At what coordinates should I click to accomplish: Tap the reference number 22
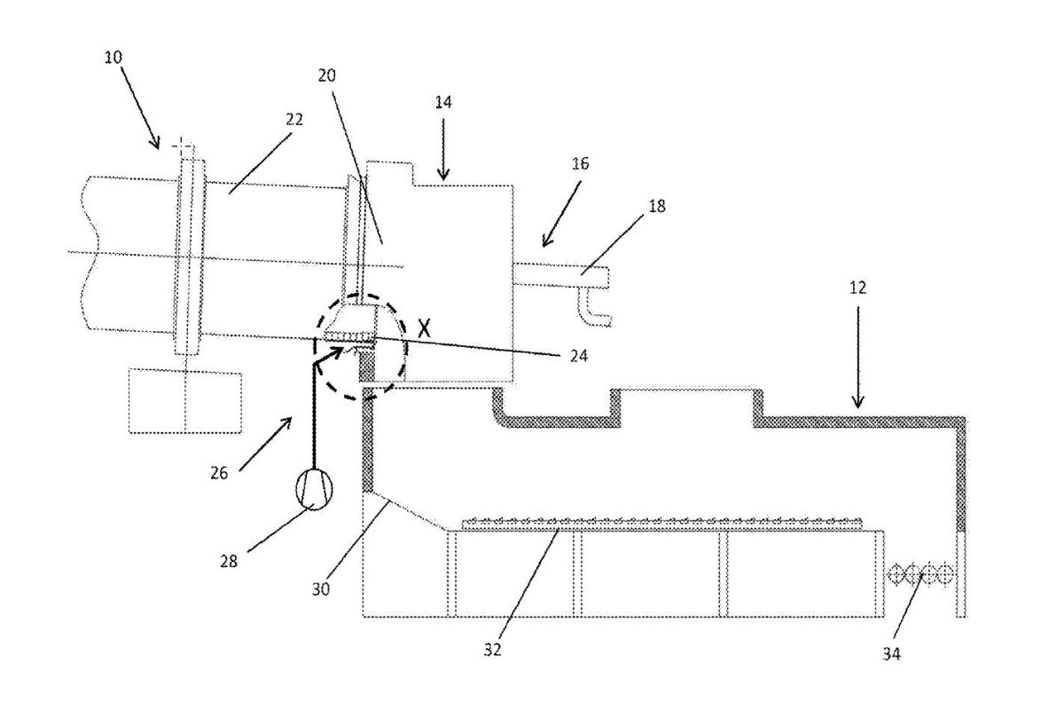294,120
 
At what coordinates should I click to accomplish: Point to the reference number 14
443,102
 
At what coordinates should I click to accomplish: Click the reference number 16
581,164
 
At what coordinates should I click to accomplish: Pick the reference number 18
657,206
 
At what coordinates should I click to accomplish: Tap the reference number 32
493,649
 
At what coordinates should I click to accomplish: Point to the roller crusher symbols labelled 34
922,574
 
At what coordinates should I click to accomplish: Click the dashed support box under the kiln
185,401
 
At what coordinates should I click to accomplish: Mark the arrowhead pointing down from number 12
857,404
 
